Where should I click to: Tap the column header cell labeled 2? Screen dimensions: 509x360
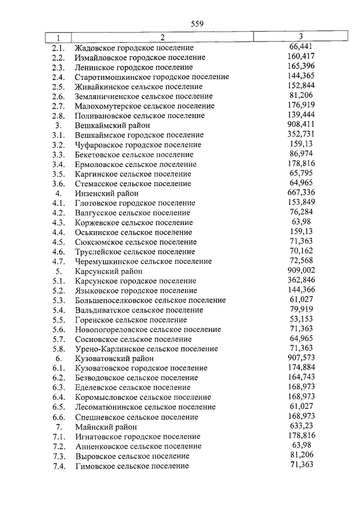[162, 38]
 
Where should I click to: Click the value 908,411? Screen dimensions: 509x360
[300, 124]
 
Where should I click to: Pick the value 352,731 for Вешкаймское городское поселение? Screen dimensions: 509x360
[300, 134]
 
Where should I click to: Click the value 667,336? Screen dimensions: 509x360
[300, 192]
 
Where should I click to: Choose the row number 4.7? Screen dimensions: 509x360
[58, 262]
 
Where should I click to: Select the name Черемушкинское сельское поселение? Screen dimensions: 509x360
[143, 262]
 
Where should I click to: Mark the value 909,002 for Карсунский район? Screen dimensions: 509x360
[300, 270]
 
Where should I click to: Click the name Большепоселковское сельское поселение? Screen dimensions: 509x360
[150, 300]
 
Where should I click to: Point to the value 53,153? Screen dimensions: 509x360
[300, 319]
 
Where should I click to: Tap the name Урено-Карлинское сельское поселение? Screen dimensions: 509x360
[146, 349]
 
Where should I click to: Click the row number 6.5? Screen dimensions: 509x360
[58, 407]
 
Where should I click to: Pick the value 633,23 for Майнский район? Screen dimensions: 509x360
[300, 426]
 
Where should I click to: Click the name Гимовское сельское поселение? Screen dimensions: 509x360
[132, 466]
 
